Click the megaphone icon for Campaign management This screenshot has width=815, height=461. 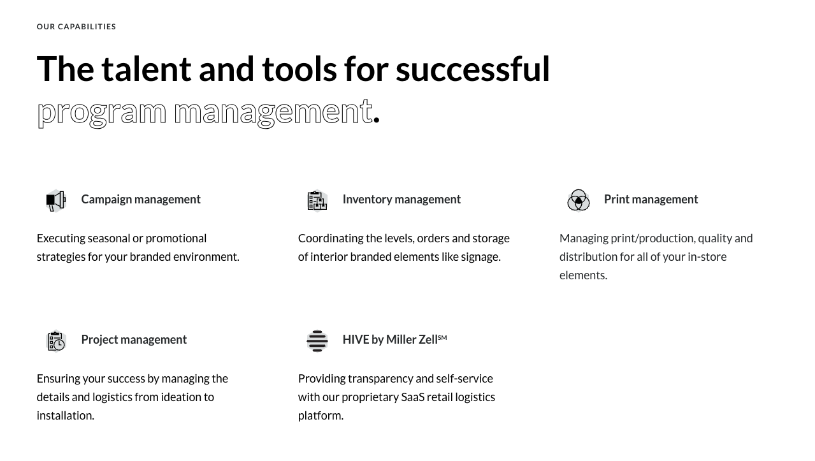click(x=56, y=200)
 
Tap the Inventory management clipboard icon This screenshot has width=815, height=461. click(x=317, y=200)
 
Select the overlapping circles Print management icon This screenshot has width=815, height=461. click(x=579, y=200)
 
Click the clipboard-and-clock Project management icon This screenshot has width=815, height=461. click(x=56, y=340)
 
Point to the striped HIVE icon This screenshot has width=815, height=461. click(x=317, y=340)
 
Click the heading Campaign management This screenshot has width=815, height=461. click(x=141, y=200)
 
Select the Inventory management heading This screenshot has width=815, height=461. click(x=401, y=200)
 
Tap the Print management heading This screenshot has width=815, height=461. click(x=651, y=200)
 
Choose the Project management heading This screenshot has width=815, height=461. click(x=134, y=340)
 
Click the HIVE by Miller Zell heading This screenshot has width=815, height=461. click(x=389, y=340)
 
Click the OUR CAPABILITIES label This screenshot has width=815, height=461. click(x=76, y=27)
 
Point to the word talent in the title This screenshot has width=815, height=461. click(x=146, y=69)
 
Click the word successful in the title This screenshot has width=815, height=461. click(x=472, y=69)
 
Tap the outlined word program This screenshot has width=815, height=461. click(x=101, y=112)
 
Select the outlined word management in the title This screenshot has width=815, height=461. click(x=273, y=112)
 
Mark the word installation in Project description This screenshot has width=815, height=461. click(x=65, y=416)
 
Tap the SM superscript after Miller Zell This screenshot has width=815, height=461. click(x=442, y=337)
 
